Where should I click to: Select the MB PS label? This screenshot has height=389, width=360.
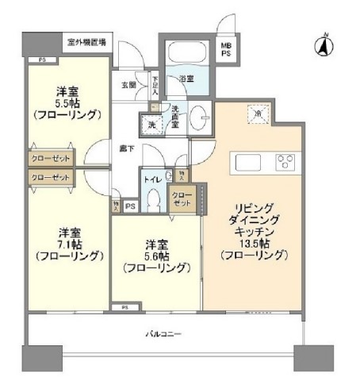(x=227, y=51)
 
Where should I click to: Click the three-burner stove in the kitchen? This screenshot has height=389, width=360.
(x=285, y=163)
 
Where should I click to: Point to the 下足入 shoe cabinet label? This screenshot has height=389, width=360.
(x=155, y=83)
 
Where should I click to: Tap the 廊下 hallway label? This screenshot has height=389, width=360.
(x=126, y=148)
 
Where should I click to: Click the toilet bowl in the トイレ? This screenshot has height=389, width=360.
(x=155, y=200)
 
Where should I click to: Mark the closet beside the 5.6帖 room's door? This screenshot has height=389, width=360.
(x=182, y=198)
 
